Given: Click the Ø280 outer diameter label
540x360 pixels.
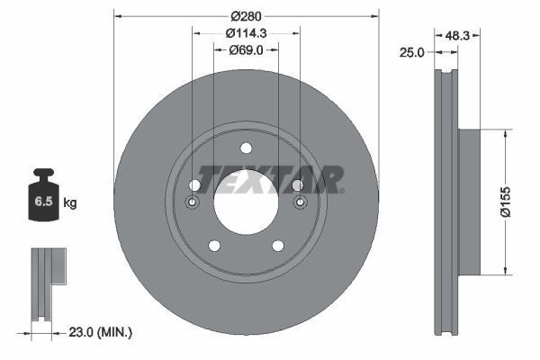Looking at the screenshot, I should coord(246,15).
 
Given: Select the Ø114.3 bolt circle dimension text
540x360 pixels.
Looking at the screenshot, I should coord(246,32).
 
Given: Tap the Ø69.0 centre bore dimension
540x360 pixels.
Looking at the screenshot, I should coord(246,49).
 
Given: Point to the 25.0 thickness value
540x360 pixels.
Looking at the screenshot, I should coord(411,53).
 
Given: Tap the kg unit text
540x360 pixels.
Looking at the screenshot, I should coord(70,203).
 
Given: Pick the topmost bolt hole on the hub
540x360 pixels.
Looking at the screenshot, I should coord(246,149).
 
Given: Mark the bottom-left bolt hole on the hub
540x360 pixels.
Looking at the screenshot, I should coord(214,246).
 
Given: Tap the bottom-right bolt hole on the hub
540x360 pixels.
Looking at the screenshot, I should coord(277,246).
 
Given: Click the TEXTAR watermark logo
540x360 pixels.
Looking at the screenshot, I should coord(271,179).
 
